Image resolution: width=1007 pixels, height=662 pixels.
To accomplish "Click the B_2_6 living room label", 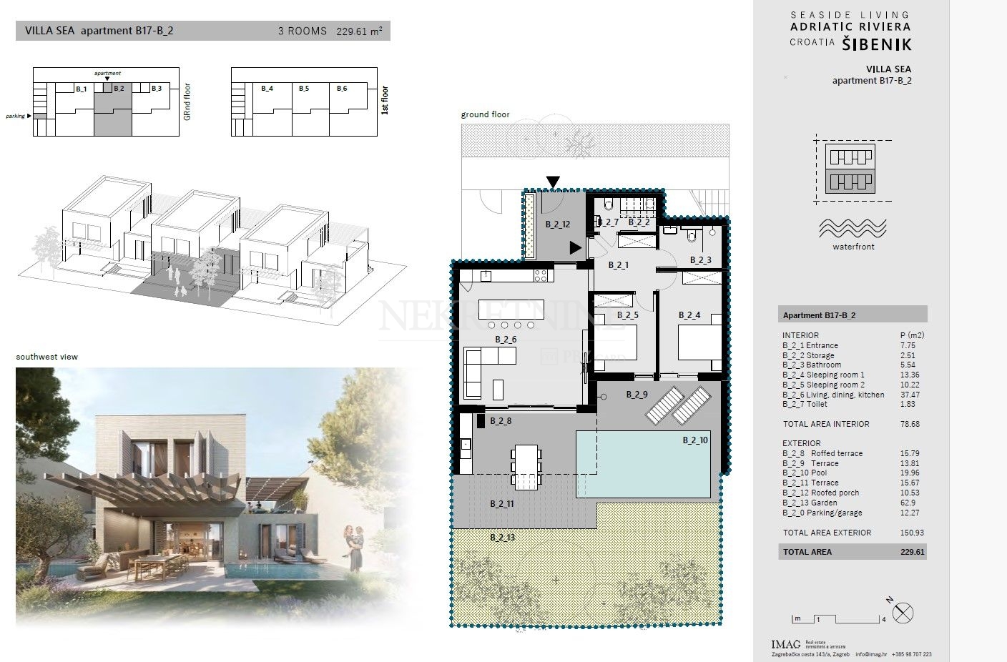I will tap(505, 340).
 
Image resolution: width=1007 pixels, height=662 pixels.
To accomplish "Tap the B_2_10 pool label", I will tap(694, 440).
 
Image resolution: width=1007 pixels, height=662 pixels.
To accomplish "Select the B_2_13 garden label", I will tap(502, 536).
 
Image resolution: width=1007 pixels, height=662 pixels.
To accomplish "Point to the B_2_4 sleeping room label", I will tap(689, 315).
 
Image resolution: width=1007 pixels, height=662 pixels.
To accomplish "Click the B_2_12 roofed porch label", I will tap(557, 224).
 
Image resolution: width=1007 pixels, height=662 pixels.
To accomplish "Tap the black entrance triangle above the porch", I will tap(553, 182).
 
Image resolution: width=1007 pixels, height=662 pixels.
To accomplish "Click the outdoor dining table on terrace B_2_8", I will tap(526, 459).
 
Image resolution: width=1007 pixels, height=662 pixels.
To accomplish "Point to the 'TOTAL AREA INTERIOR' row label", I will tap(826, 424).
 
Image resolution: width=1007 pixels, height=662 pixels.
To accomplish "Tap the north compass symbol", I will tap(904, 613).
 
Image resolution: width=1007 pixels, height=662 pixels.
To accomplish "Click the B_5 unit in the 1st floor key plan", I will tap(304, 89).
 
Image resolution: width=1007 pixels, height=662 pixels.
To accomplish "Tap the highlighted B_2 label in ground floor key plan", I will tap(119, 89).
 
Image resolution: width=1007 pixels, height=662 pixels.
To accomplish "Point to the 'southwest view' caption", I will tap(47, 357).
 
